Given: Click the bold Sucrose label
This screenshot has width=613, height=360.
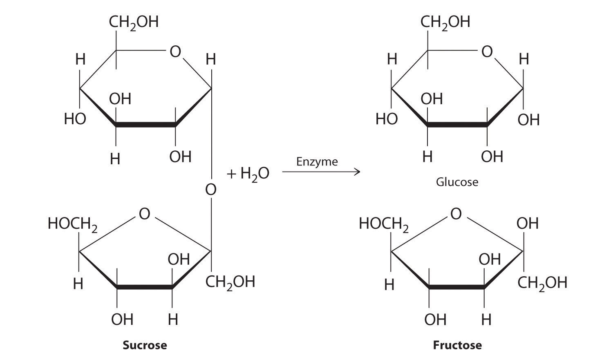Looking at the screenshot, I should tap(145, 345).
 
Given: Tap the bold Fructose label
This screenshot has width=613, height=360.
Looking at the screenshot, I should tap(457, 345).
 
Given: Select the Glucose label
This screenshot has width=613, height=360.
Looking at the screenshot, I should tap(457, 182).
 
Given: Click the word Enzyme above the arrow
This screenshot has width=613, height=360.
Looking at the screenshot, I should tap(317, 162).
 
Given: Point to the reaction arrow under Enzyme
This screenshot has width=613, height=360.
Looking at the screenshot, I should tap(321, 172).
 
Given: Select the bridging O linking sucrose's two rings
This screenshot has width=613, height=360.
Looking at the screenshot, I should tap(210, 189).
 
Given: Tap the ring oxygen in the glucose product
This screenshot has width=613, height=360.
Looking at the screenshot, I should tap(487, 52).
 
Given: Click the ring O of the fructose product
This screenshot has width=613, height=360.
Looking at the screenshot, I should tap(456, 214).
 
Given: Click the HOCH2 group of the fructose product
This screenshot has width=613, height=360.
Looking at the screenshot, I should tap(384, 224).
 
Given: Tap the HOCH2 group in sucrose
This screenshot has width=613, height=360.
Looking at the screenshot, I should tap(73, 224).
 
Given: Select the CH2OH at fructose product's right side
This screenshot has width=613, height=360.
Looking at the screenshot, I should tap(542, 283).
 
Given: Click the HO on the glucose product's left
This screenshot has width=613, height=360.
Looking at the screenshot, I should tap(387, 119).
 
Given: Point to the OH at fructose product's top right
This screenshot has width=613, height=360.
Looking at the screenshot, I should tap(527, 224).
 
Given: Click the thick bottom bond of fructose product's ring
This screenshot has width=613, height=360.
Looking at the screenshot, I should tap(457, 288).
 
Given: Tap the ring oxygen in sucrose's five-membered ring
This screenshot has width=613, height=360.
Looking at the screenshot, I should tap(144, 214).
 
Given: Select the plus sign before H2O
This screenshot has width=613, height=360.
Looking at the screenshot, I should tap(232, 174).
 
